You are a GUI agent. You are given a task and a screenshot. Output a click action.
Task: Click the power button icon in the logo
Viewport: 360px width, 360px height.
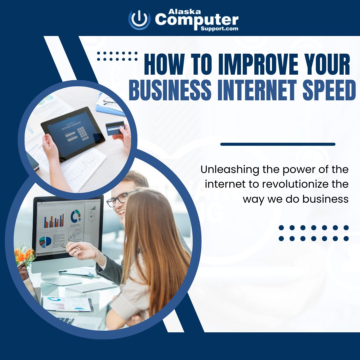[x=139, y=19]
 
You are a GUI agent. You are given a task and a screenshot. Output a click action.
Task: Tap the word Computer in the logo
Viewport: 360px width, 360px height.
[x=197, y=20]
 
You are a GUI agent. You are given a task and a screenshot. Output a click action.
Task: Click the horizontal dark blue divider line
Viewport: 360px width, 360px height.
[x=278, y=144]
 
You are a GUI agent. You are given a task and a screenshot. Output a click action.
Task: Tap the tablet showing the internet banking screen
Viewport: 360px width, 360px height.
[x=73, y=133]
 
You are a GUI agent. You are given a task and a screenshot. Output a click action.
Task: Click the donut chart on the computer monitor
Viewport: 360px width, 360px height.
[x=76, y=216]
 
